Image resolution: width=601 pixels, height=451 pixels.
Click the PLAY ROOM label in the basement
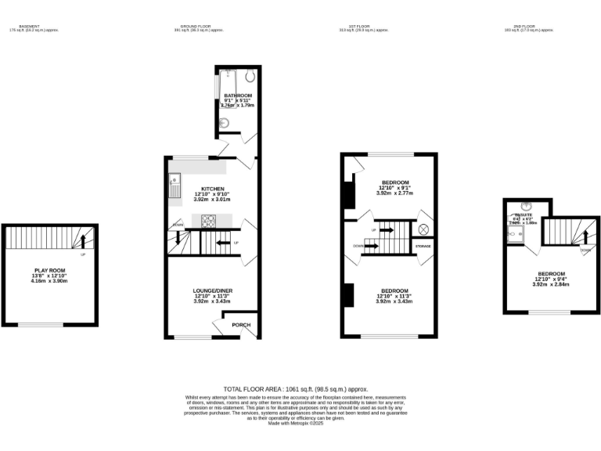[49, 270]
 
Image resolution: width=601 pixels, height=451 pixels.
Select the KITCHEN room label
[213, 189]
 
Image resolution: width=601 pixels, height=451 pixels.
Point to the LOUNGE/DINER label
[213, 291]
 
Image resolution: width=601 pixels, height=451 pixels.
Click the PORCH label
[240, 325]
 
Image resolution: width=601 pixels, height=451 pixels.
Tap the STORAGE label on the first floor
[423, 247]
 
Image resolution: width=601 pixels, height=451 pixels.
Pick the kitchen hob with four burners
[209, 221]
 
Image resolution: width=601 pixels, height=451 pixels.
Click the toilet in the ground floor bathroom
[248, 77]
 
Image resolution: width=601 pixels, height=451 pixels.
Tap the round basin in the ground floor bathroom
[224, 123]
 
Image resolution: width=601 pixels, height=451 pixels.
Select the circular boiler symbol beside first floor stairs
[424, 229]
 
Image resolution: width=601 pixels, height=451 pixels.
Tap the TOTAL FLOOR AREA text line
[296, 389]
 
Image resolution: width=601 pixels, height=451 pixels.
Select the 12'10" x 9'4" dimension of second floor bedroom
[551, 279]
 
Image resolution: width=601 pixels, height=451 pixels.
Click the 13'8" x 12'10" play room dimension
[49, 276]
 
